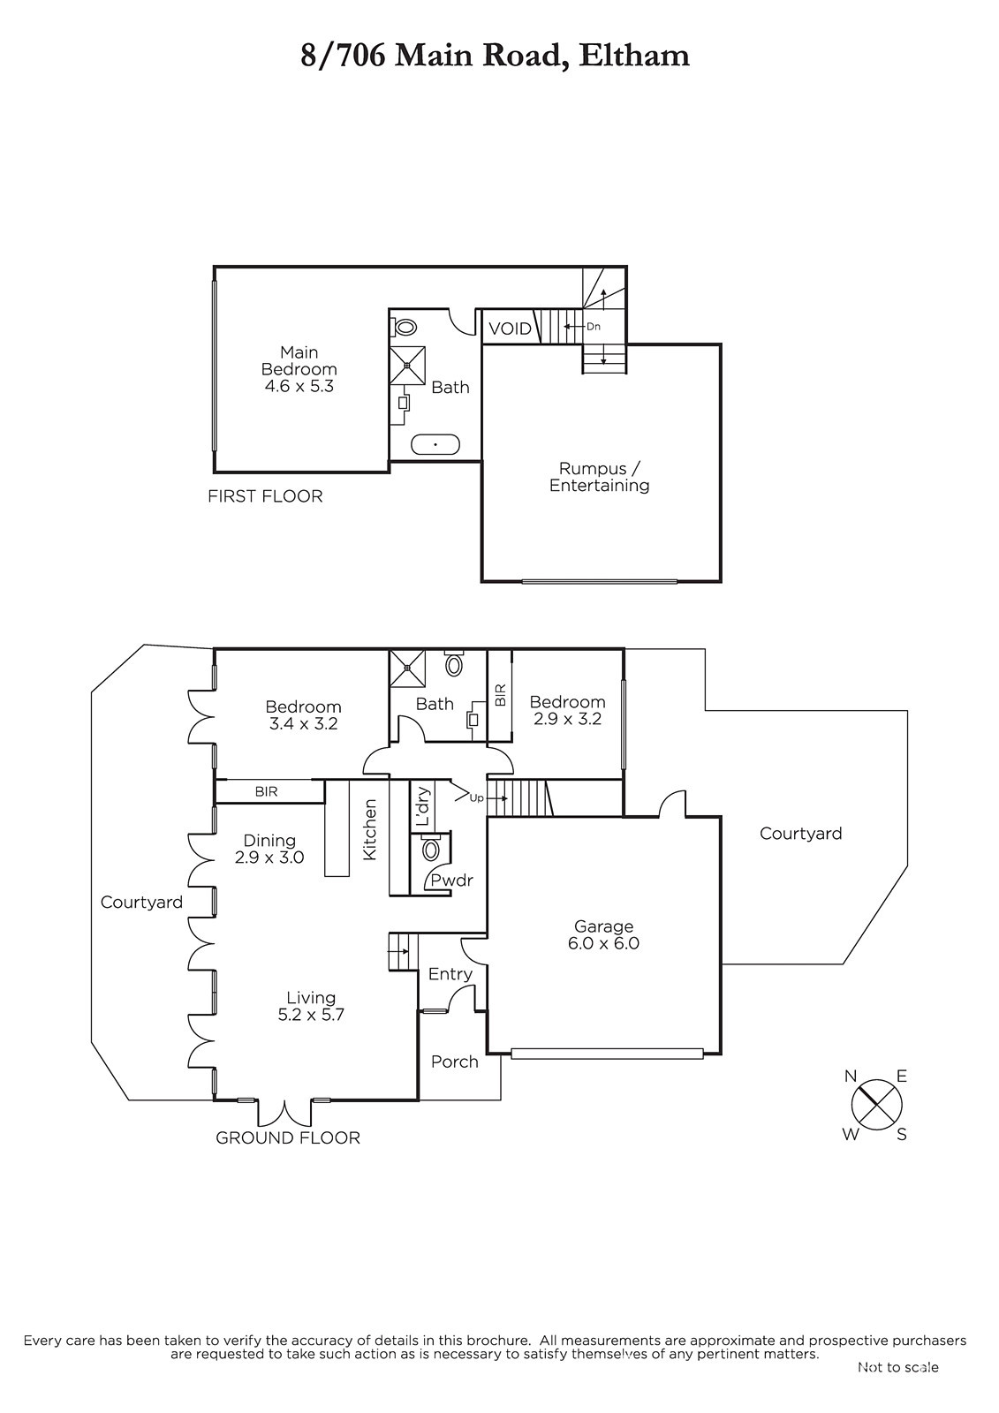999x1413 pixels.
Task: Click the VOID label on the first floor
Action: click(510, 329)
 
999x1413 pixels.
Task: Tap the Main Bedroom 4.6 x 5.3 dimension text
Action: click(299, 385)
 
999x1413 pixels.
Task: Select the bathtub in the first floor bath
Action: click(435, 444)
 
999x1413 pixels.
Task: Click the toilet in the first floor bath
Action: click(403, 328)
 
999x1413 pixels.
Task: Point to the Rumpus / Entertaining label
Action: click(599, 477)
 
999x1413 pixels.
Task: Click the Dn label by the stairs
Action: click(594, 326)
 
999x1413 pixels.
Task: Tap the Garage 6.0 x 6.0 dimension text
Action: click(603, 943)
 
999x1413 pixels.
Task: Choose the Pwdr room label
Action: click(452, 880)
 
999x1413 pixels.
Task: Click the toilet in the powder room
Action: click(431, 849)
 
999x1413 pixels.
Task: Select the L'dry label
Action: click(423, 805)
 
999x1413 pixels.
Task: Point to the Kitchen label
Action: click(370, 829)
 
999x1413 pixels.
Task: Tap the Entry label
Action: click(450, 973)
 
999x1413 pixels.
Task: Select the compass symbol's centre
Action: click(876, 1105)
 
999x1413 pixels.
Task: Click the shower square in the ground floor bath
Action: click(407, 668)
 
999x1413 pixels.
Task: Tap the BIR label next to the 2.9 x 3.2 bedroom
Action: click(501, 694)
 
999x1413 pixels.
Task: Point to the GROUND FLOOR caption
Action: click(288, 1137)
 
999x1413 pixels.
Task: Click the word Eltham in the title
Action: click(633, 57)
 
